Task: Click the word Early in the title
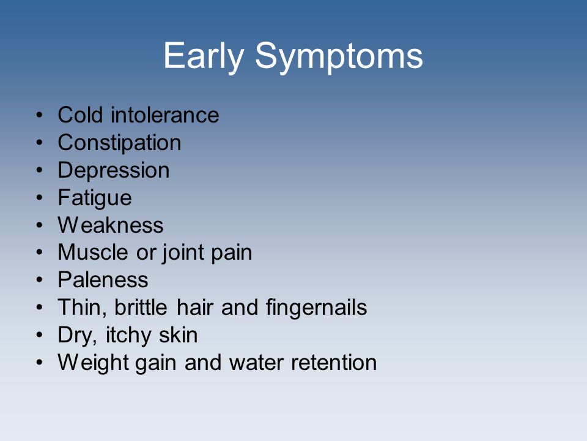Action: coord(204,56)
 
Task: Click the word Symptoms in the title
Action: coord(339,56)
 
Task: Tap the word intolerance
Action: coord(164,115)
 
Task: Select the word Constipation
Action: coord(119,143)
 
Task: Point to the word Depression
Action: coord(114,171)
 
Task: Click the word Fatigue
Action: coord(95,198)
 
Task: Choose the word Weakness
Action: coord(111,225)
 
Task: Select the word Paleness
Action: coord(103,280)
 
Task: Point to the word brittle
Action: coord(141,307)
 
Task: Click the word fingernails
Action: coord(316,308)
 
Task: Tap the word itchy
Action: coord(128,336)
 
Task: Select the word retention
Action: coord(334,363)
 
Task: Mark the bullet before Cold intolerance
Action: coord(40,115)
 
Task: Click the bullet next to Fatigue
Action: coord(40,198)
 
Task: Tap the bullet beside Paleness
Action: coord(40,280)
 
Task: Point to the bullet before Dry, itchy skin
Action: coord(40,335)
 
